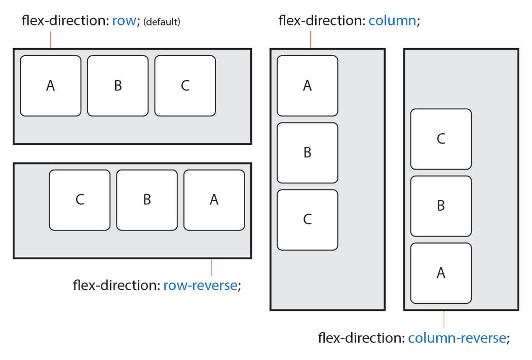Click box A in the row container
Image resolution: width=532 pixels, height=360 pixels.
pos(51,86)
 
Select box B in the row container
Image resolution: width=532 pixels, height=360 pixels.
pos(118,86)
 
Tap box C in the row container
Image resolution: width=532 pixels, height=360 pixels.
pos(185,86)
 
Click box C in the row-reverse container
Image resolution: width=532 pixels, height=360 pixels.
pos(80,199)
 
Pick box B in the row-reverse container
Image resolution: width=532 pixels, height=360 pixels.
pos(147,199)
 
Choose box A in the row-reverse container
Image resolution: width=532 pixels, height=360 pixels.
pos(214,199)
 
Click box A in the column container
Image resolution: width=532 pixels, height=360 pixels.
pos(307,86)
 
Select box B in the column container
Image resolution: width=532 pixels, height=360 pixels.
pos(307,152)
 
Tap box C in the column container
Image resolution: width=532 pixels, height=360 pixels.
pos(307,219)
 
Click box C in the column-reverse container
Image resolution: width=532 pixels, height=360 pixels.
pos(441,139)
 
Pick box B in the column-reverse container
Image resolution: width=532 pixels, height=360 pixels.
pos(441,206)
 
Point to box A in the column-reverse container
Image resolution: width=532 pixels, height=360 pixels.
pos(441,273)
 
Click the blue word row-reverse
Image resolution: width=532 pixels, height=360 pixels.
pos(200,286)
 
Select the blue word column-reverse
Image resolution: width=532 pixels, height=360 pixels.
pos(457,338)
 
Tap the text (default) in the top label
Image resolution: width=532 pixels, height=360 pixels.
pos(162,22)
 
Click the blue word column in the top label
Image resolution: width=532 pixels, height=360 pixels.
pos(392,21)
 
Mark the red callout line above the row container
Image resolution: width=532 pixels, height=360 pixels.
pos(51,39)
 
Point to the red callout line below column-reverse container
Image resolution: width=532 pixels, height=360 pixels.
pos(444,319)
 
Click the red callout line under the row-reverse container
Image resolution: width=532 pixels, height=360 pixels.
pos(211,267)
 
